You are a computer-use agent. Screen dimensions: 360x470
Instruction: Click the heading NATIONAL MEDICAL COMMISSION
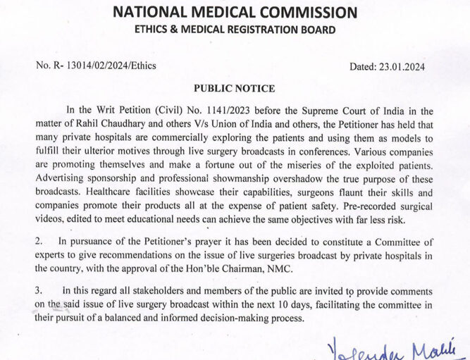[235, 12]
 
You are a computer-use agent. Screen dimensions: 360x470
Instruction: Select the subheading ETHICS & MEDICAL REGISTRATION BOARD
[235, 30]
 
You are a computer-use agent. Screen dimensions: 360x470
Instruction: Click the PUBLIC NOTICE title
[235, 89]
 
